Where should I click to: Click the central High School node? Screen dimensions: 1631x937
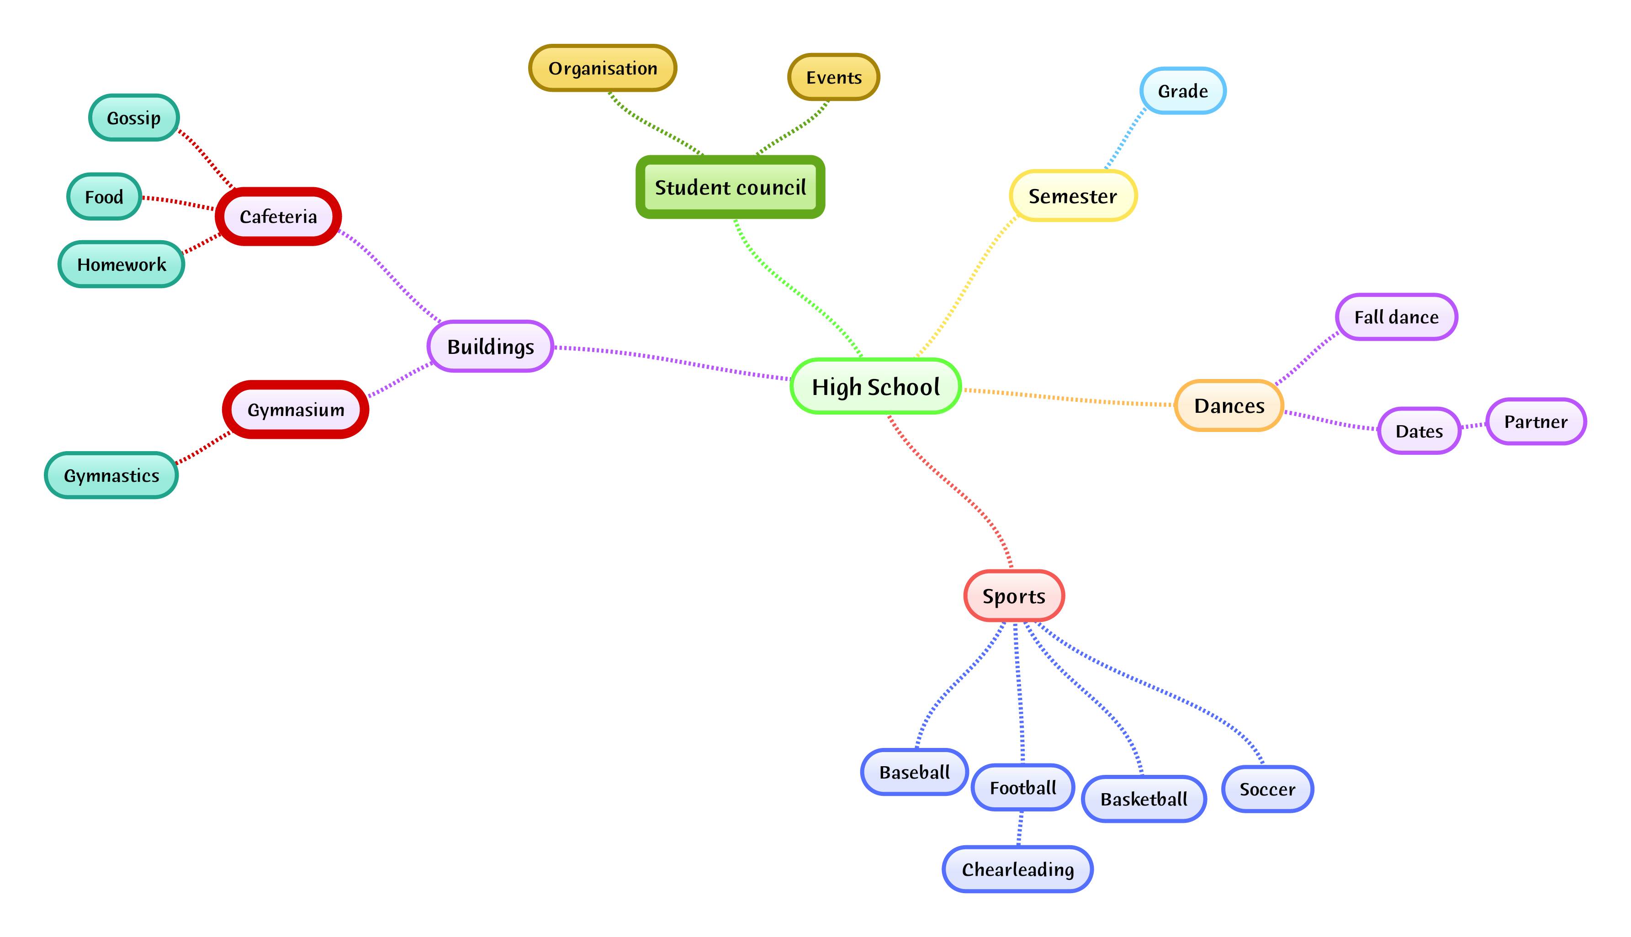[876, 386]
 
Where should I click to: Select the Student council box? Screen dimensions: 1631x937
[730, 187]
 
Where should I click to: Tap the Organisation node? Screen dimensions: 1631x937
[603, 68]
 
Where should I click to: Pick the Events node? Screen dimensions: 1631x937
[834, 77]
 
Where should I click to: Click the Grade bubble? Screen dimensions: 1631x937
[1183, 91]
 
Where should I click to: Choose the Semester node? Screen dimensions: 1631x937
[1073, 195]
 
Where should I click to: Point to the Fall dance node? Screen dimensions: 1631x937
[1396, 316]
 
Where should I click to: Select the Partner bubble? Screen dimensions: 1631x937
[1536, 421]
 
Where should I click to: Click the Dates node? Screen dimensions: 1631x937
[1419, 431]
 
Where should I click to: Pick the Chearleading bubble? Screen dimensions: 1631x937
[1018, 869]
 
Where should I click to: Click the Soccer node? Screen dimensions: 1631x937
[1267, 789]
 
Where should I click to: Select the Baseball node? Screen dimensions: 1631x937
[914, 772]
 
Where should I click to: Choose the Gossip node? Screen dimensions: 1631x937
[134, 118]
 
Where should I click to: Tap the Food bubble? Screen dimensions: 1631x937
[104, 196]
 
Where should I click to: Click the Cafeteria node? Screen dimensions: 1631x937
[278, 216]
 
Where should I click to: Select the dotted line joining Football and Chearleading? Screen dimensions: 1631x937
[1020, 829]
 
